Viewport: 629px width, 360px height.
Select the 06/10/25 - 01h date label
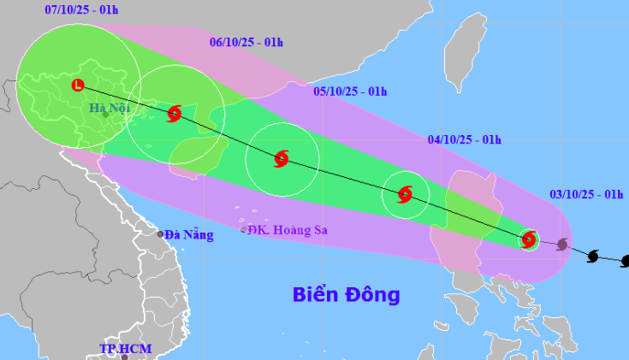(246, 42)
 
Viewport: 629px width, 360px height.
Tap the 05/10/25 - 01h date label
(350, 91)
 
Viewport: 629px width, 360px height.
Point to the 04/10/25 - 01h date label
(464, 140)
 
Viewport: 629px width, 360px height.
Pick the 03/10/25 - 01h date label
(586, 196)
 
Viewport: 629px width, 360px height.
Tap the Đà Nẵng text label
(188, 234)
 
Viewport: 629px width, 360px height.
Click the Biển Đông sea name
(346, 295)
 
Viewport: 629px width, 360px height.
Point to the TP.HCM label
(125, 349)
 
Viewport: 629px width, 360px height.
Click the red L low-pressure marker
(78, 85)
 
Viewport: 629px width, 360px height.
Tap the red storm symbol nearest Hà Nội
(175, 113)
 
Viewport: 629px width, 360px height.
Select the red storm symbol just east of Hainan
(282, 158)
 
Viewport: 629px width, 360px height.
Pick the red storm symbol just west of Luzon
(406, 194)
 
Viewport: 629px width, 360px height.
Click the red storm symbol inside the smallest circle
(529, 239)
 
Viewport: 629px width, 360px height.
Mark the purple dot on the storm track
(561, 245)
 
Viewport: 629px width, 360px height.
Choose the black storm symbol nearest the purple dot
(593, 256)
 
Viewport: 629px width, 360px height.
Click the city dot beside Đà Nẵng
(160, 234)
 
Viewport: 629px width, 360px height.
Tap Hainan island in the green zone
(197, 154)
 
